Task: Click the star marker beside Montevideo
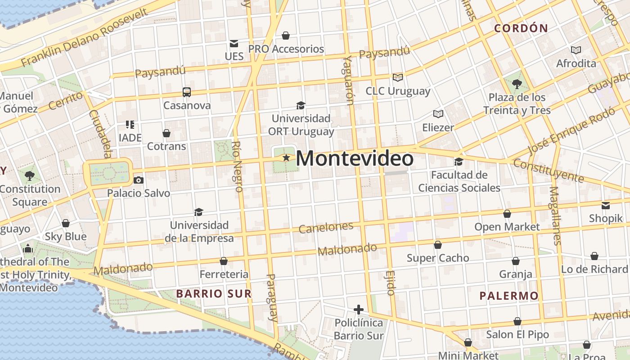(286, 158)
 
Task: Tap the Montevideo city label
(355, 159)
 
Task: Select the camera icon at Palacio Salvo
(139, 180)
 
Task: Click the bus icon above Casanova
(187, 92)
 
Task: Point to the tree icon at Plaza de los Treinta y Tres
(517, 84)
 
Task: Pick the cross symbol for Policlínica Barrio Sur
(359, 309)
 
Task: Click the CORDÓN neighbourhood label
(521, 28)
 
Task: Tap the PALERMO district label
(509, 296)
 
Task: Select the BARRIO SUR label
(214, 294)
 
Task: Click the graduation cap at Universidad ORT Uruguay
(301, 105)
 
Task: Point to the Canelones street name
(326, 227)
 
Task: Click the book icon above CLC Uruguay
(398, 77)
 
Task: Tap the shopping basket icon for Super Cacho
(438, 245)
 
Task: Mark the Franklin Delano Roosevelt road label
(85, 37)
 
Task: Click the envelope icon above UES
(234, 43)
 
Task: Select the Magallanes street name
(555, 216)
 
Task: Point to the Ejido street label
(390, 283)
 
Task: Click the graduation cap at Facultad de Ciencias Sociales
(459, 161)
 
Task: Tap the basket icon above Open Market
(507, 214)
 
